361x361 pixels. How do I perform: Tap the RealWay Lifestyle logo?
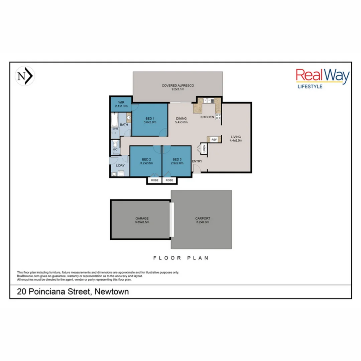(323, 79)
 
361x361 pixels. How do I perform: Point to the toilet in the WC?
(115, 144)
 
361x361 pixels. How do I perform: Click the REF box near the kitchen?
(214, 139)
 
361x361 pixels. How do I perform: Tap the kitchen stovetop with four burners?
(218, 117)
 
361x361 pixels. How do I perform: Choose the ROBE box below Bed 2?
(154, 180)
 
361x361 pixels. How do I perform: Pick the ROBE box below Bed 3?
(170, 180)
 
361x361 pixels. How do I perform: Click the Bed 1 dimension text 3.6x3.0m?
(149, 122)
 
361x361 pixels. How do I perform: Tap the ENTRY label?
(197, 161)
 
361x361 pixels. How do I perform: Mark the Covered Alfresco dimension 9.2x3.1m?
(177, 90)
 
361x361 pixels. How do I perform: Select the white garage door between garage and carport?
(171, 219)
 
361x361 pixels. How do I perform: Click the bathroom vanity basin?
(128, 118)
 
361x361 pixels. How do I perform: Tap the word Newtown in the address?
(112, 291)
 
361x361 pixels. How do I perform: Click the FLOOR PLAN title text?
(180, 258)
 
